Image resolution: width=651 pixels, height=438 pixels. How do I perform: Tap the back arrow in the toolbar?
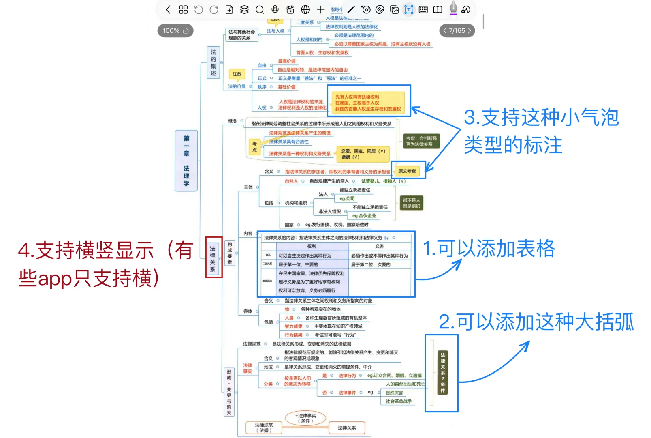[169, 9]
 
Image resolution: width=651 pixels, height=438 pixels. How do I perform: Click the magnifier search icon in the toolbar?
[260, 9]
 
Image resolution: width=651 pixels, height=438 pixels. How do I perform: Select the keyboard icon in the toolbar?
[423, 9]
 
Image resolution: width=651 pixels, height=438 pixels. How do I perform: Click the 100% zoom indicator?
[175, 31]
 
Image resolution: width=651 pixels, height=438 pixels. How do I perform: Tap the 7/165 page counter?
[457, 31]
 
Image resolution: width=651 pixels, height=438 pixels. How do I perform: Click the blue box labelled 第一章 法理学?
[186, 161]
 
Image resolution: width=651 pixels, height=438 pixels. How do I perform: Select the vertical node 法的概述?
[213, 62]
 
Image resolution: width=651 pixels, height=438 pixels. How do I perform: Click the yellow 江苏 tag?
[237, 74]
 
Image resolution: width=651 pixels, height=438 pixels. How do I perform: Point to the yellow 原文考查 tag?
[407, 171]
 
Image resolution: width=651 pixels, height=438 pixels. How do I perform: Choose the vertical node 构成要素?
[230, 253]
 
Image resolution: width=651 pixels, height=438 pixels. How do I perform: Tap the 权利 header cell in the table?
[312, 246]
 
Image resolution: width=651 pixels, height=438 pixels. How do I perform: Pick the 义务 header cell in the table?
[379, 246]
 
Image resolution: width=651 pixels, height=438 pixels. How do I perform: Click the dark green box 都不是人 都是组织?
[411, 203]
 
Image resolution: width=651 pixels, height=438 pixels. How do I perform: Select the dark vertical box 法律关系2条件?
[442, 373]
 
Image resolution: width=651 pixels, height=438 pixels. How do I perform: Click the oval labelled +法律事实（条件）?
[305, 418]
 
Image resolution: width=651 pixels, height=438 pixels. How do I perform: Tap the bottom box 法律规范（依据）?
[264, 428]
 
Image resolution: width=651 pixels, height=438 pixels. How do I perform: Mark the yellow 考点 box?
[254, 147]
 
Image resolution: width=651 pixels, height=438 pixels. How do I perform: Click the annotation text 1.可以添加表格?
[489, 249]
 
